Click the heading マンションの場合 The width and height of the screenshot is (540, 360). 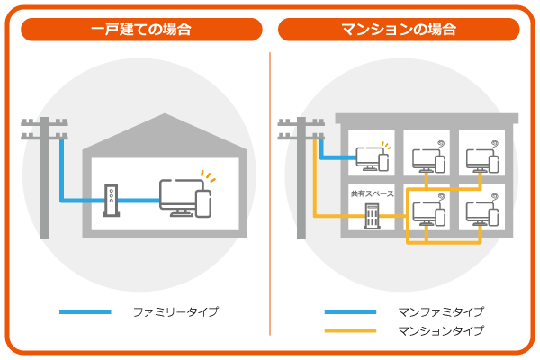[399, 29]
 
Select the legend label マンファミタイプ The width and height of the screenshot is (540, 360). [441, 312]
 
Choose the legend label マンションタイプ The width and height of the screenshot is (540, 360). [441, 331]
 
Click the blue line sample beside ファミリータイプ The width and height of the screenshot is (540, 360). [85, 312]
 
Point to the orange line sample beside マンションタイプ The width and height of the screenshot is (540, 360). [350, 331]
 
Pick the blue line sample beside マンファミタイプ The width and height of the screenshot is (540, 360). [350, 312]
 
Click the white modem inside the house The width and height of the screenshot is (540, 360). [110, 201]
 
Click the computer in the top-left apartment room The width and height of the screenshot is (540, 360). [370, 158]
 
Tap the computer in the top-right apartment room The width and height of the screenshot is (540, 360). [480, 159]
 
